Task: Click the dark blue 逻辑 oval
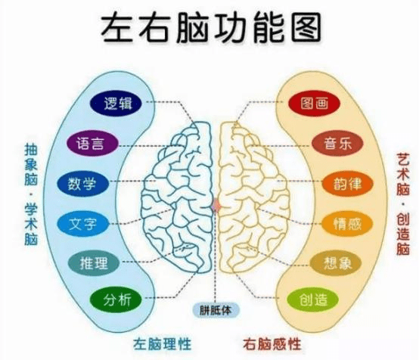(116, 103)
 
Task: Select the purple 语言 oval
(92, 143)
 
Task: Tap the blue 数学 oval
(83, 184)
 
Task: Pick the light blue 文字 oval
(83, 224)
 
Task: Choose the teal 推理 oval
(93, 263)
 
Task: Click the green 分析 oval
(116, 299)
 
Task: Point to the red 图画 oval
(314, 104)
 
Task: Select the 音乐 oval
(337, 144)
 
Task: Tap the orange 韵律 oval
(347, 184)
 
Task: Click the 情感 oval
(347, 224)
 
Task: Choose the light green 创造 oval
(312, 299)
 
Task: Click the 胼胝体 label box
(216, 310)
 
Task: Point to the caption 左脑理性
(163, 344)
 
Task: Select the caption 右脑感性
(272, 344)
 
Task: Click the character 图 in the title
(306, 27)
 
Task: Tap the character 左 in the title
(116, 27)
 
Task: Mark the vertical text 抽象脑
(31, 165)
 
